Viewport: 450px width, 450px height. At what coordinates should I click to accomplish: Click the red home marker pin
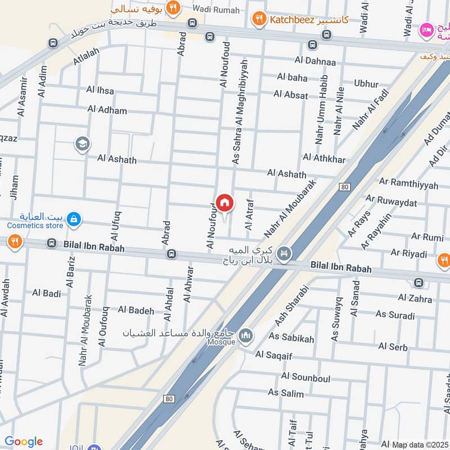[224, 203]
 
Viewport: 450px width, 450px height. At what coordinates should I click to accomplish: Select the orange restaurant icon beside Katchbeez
[259, 19]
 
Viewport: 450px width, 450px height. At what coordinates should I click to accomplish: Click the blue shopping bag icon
[73, 219]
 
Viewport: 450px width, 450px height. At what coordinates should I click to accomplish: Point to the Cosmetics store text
[35, 226]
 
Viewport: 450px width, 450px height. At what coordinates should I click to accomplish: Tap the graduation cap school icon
[82, 145]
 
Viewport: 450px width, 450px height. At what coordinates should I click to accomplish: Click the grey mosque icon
[245, 336]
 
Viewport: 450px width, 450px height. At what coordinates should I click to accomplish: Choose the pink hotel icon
[427, 30]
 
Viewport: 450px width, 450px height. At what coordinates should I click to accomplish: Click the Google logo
[24, 442]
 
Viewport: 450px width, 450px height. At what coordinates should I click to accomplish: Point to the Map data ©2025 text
[419, 444]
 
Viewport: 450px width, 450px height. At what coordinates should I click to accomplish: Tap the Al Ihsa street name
[100, 90]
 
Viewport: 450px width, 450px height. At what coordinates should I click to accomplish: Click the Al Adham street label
[107, 110]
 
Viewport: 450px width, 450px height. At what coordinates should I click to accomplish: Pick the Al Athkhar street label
[324, 159]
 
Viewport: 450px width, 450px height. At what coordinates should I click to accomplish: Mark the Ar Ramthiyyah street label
[400, 182]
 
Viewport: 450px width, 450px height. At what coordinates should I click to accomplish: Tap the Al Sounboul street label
[305, 377]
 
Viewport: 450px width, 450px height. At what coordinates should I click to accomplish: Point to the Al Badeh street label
[136, 310]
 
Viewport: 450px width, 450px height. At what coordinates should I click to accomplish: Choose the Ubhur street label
[366, 83]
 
